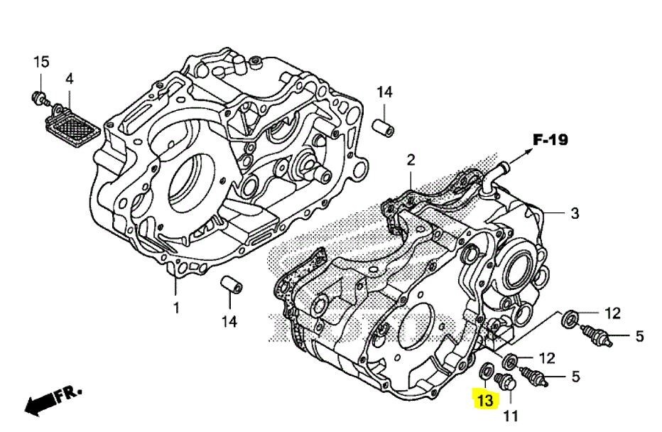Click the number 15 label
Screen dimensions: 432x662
pyautogui.click(x=41, y=62)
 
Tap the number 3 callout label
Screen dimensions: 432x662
pyautogui.click(x=576, y=213)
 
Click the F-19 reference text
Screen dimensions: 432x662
pyautogui.click(x=551, y=140)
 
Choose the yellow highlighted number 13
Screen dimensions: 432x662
pyautogui.click(x=485, y=400)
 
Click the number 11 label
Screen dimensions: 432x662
pyautogui.click(x=511, y=415)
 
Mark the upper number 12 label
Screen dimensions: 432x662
pyautogui.click(x=612, y=313)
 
